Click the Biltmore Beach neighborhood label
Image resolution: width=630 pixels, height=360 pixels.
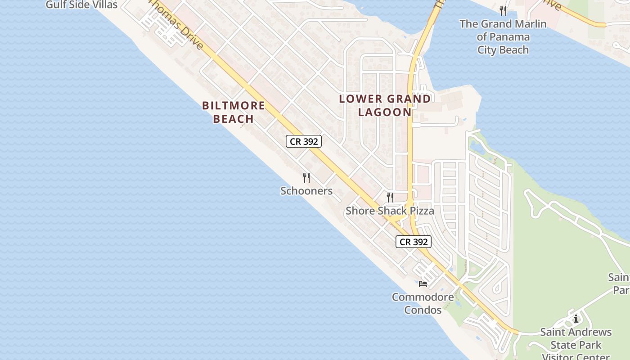(233, 112)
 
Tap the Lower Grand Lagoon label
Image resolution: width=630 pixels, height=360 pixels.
(385, 105)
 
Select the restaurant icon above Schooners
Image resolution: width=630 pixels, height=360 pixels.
(306, 178)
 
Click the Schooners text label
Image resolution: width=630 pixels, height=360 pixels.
(306, 191)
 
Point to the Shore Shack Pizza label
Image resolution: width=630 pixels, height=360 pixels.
(390, 211)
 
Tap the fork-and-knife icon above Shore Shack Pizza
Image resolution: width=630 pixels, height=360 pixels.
(390, 197)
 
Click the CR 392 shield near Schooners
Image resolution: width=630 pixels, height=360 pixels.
(304, 141)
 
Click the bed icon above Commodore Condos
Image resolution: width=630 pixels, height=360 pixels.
(423, 283)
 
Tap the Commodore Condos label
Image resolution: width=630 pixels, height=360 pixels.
(423, 303)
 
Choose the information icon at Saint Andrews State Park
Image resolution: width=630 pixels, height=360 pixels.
(576, 319)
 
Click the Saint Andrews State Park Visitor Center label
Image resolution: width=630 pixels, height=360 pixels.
(576, 345)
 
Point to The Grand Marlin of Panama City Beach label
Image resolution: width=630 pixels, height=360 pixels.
(503, 37)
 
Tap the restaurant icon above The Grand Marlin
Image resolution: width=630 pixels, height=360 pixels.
(503, 11)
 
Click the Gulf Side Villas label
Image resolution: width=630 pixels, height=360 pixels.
(81, 5)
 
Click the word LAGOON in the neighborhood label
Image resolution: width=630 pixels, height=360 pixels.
(385, 112)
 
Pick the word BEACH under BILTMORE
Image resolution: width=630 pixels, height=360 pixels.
(233, 119)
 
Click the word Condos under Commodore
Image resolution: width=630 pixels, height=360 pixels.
(423, 310)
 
